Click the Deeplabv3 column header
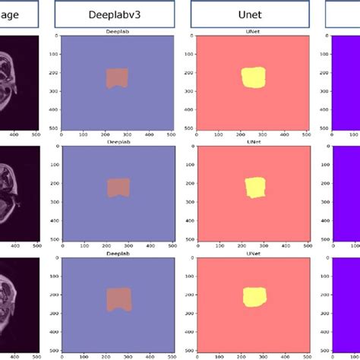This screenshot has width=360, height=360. [x=115, y=14]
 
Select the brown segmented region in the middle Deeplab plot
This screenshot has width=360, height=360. [x=118, y=188]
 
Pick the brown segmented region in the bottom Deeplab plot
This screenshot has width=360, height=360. [x=118, y=298]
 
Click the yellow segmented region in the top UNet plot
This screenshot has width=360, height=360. [x=253, y=77]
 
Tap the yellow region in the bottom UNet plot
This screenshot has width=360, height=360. [x=254, y=297]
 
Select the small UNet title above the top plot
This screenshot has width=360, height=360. [x=253, y=33]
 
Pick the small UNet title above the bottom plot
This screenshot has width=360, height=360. [x=253, y=253]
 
